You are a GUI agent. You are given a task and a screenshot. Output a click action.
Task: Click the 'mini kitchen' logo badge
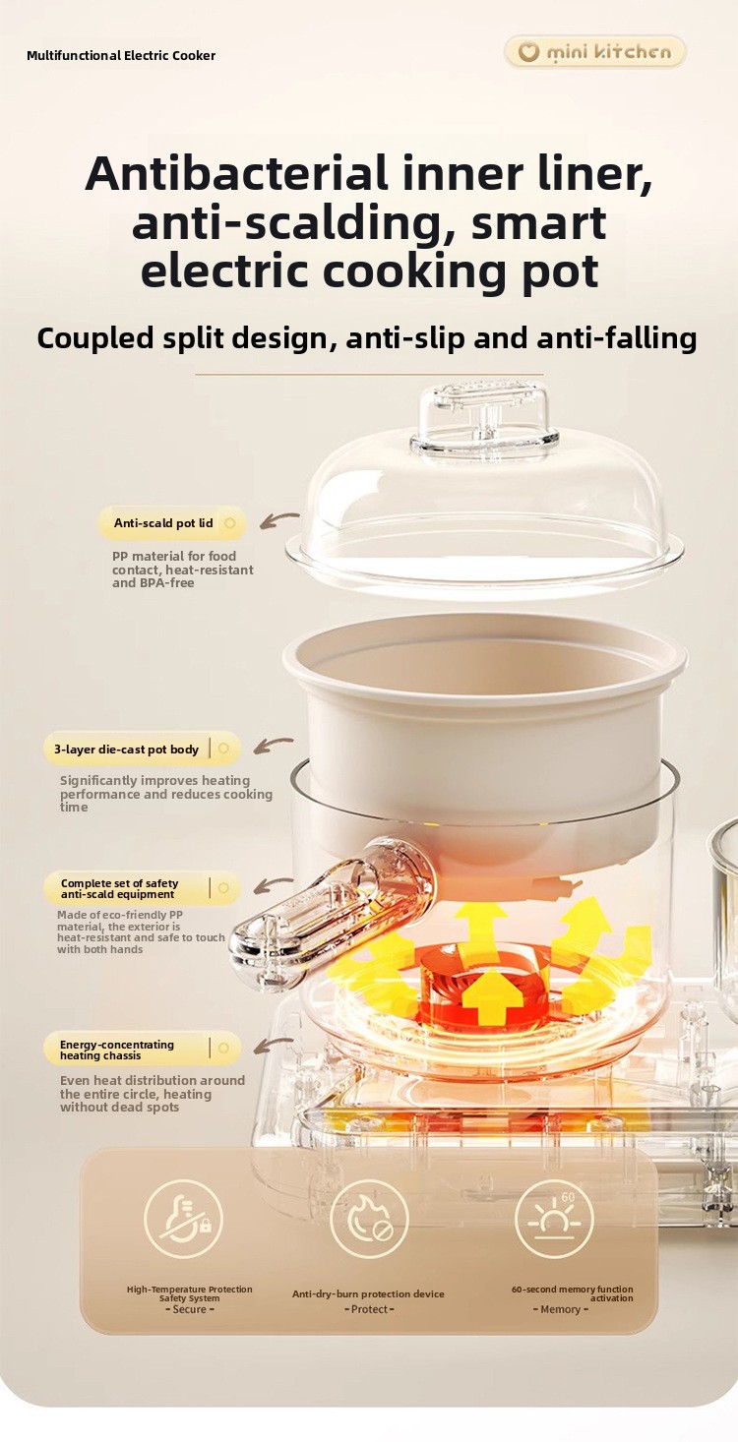[595, 51]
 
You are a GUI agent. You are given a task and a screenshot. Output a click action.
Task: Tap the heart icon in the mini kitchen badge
[528, 51]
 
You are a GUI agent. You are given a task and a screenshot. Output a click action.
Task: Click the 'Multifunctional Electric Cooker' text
[121, 56]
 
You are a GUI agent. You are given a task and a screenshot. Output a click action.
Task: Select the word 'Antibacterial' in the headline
[236, 173]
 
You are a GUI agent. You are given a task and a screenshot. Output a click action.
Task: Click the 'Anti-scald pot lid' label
[163, 523]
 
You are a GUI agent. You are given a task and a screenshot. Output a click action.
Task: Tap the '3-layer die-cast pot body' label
[126, 750]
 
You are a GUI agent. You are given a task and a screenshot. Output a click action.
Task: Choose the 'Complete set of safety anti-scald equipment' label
[119, 888]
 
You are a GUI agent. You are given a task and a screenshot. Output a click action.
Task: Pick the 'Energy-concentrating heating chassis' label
[116, 1050]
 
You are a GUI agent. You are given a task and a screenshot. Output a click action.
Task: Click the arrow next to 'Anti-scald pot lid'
[279, 519]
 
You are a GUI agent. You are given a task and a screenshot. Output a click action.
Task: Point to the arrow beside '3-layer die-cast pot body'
[273, 746]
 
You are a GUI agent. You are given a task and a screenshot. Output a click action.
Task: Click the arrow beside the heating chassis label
[273, 1046]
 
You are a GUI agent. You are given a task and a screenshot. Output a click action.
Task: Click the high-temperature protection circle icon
[184, 1219]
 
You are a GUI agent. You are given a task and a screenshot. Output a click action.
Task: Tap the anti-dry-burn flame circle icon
[369, 1219]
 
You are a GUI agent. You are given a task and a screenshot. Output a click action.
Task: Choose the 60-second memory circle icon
[554, 1219]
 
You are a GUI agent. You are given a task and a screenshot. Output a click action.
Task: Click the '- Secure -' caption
[189, 1309]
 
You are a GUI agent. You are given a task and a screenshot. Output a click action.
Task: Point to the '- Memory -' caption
[560, 1309]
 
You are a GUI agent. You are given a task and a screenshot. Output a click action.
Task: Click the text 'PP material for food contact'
[174, 563]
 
